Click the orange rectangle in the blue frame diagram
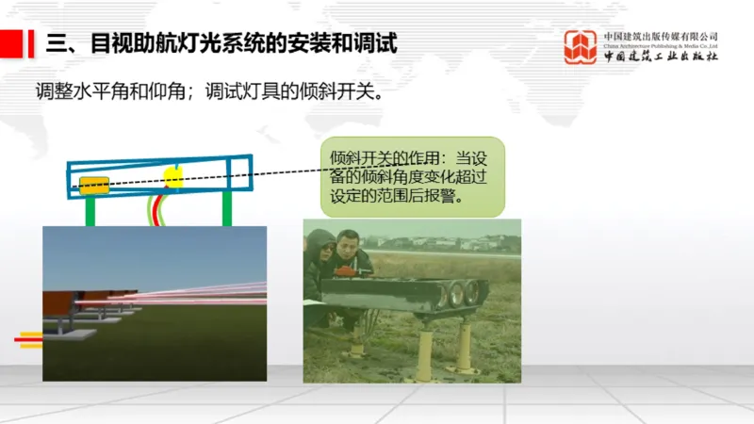[93, 184]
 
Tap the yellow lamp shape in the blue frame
[172, 176]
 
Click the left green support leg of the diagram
[90, 212]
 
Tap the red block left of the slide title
[11, 43]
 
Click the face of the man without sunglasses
[348, 253]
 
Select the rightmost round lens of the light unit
[471, 292]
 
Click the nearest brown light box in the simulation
[58, 304]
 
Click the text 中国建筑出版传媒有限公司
[661, 36]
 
